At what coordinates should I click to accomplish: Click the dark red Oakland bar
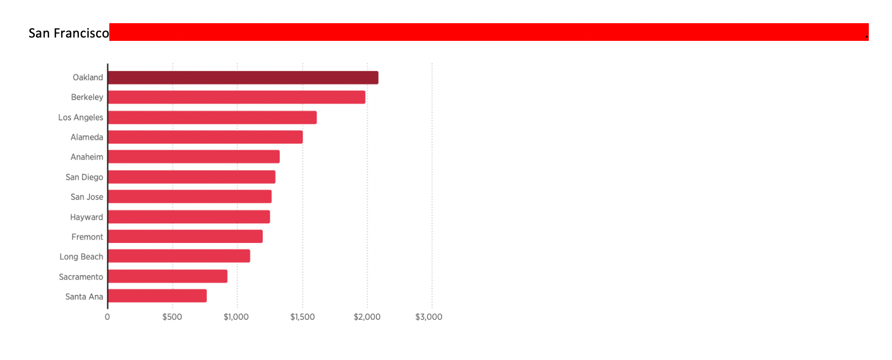coord(243,78)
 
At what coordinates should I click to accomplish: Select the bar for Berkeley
coord(237,97)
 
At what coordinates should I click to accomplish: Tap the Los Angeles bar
coord(213,118)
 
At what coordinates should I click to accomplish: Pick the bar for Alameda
coord(205,137)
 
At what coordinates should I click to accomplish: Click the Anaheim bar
coord(194,156)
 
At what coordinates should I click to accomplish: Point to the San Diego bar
coord(192,177)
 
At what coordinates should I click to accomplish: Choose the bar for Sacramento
coord(168,277)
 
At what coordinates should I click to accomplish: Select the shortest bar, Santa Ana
coord(157,296)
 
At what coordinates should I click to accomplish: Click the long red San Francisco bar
coord(489,32)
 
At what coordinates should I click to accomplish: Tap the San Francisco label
coord(68,33)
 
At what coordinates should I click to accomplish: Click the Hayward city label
coord(87,217)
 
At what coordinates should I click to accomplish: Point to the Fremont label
coord(87,237)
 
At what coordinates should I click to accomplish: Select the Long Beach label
coord(81,257)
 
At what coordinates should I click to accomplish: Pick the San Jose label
coord(87,197)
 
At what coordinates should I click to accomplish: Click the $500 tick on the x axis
coord(172,317)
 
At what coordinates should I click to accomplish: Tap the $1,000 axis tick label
coord(236,317)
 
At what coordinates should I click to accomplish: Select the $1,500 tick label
coord(302,317)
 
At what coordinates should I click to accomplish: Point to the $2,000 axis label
coord(367,317)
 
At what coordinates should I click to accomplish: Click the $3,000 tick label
coord(429,317)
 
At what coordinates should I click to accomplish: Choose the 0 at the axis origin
coord(108,317)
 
